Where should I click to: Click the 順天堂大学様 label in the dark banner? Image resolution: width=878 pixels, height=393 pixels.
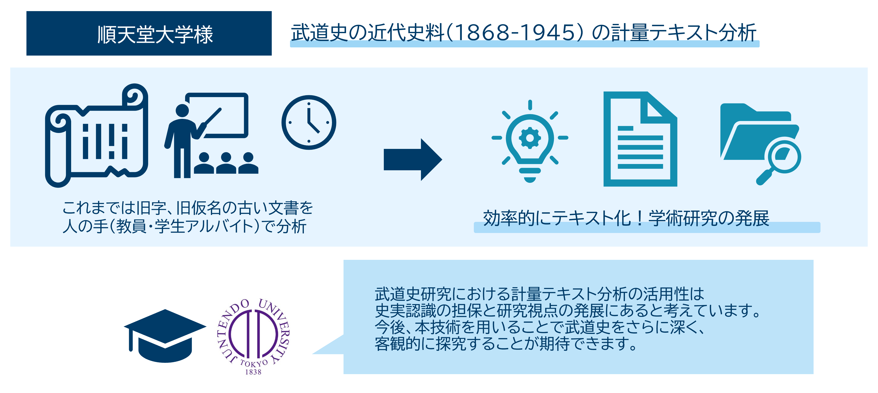[x=155, y=34]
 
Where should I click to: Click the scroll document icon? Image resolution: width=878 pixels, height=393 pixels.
[x=97, y=135]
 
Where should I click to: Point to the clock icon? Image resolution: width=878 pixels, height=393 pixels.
[x=309, y=122]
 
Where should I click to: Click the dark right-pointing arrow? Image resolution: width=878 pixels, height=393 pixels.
[x=413, y=159]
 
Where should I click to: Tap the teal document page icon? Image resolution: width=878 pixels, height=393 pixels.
[x=640, y=139]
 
